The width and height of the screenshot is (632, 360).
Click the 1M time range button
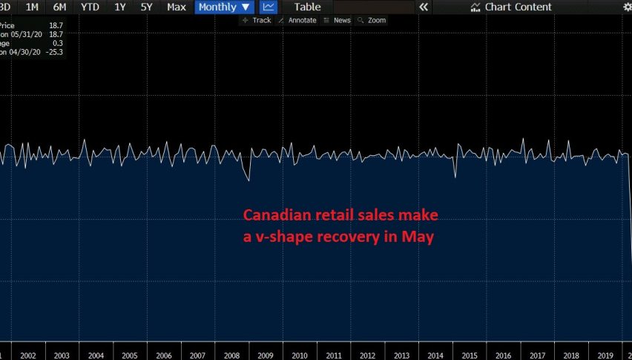(x=32, y=7)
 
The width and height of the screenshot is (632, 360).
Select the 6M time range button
(x=59, y=7)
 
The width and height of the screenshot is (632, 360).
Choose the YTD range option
(x=90, y=7)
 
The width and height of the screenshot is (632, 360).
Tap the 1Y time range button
(x=119, y=7)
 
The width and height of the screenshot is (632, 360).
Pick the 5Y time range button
(x=146, y=7)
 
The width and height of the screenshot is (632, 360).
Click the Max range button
(x=177, y=7)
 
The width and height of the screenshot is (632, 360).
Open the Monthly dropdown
(x=224, y=7)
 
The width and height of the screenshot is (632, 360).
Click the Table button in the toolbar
(x=307, y=7)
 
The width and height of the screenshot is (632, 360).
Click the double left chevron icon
(x=424, y=7)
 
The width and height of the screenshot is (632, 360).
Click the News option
(x=338, y=20)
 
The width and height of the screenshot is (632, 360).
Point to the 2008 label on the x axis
(x=231, y=356)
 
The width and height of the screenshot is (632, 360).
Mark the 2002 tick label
(x=28, y=356)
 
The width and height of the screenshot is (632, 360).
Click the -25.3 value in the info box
(x=53, y=52)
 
